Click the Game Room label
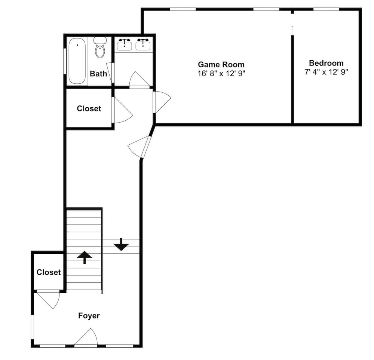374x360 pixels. [x=221, y=64]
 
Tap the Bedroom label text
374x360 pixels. [x=326, y=63]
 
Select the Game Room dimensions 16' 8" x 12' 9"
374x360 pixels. [x=221, y=73]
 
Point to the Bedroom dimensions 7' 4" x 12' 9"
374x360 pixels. [x=326, y=72]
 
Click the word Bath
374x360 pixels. [x=98, y=74]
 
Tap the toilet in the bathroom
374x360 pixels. [x=100, y=48]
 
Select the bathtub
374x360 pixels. [x=77, y=61]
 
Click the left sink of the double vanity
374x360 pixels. [x=125, y=44]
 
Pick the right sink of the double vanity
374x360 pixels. [x=143, y=44]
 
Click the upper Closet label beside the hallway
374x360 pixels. [x=89, y=108]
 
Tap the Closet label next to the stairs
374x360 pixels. [x=49, y=272]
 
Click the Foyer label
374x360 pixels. [x=89, y=316]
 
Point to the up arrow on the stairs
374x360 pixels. [x=85, y=257]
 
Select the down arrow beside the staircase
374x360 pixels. [x=121, y=244]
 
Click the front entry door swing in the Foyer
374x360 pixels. [x=86, y=337]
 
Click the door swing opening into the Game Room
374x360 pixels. [x=162, y=102]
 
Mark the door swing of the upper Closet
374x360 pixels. [x=123, y=110]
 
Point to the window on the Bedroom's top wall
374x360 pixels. [x=326, y=9]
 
